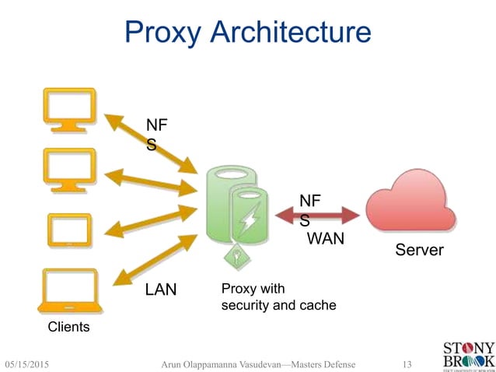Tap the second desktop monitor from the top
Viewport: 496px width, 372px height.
click(x=70, y=169)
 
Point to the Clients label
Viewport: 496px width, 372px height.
click(x=69, y=327)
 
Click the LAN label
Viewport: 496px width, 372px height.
click(x=161, y=290)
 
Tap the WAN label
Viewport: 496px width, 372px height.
click(x=326, y=238)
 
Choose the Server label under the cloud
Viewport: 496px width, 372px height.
click(x=419, y=250)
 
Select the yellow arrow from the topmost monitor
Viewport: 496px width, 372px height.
click(x=151, y=142)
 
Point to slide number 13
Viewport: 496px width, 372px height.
click(x=406, y=363)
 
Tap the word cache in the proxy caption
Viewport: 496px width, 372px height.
click(x=318, y=305)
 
